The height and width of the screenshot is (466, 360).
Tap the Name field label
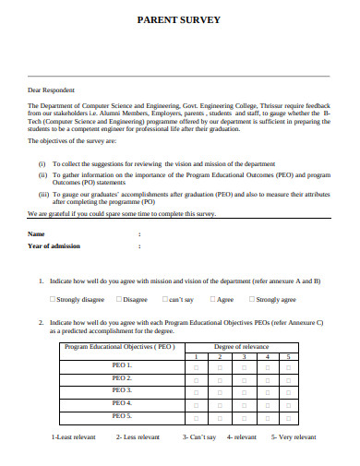(x=36, y=233)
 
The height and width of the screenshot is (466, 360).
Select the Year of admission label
(x=54, y=246)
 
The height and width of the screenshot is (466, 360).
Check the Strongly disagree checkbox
(x=52, y=300)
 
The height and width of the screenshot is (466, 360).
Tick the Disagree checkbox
(x=120, y=300)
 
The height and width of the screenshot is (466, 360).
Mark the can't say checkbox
(x=163, y=300)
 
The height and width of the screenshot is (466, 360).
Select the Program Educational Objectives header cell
(x=121, y=347)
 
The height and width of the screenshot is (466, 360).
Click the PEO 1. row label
(x=122, y=366)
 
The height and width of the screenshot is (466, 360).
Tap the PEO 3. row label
(x=122, y=390)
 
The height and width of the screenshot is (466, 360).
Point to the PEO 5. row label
(x=122, y=415)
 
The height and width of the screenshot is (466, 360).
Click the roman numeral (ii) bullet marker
(x=42, y=173)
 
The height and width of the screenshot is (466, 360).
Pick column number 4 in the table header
(x=266, y=356)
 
